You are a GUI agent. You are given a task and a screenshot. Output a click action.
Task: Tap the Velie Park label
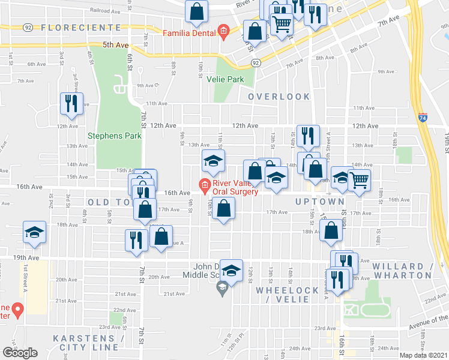(226, 79)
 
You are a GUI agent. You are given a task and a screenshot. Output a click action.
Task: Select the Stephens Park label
(115, 136)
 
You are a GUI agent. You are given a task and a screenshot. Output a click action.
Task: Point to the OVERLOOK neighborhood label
(279, 97)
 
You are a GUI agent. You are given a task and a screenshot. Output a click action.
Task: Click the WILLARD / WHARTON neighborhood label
(402, 271)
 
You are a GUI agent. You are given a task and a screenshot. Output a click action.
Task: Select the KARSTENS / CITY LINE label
(88, 343)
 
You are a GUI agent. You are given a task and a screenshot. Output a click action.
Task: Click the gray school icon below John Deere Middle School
(222, 290)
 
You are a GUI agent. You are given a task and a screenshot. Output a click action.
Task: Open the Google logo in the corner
(20, 352)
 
